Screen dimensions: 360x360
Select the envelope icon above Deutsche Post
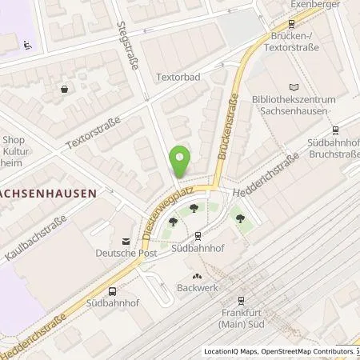tap(125, 241)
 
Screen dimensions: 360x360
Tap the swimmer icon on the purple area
tap(27, 44)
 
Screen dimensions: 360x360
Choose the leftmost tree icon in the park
tap(173, 225)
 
